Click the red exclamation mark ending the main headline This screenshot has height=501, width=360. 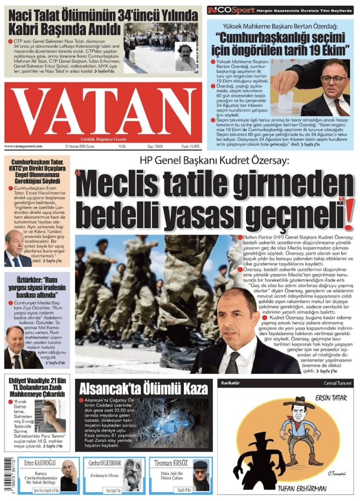tap(348, 213)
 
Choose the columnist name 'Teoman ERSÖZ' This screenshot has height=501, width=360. tap(171, 463)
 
